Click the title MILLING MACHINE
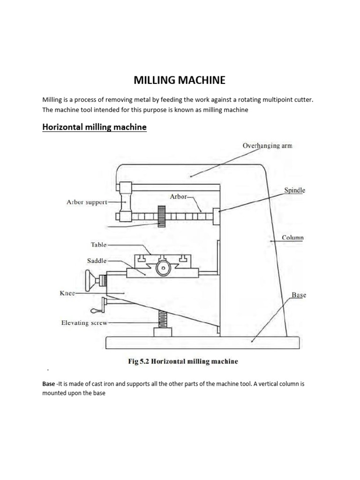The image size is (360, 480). [x=180, y=80]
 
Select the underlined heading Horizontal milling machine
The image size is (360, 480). [x=94, y=127]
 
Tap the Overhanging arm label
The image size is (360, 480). [x=267, y=146]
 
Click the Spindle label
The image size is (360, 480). [x=294, y=190]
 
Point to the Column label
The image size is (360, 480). [x=292, y=238]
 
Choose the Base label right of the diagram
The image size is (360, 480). [x=299, y=295]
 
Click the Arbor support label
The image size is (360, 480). [x=87, y=202]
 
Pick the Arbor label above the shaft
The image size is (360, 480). [x=178, y=197]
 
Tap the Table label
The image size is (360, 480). [x=98, y=245]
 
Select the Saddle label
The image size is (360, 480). [x=97, y=261]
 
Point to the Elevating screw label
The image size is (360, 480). [x=84, y=323]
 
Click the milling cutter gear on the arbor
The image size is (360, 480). [x=162, y=217]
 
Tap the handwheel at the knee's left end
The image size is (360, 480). [x=89, y=281]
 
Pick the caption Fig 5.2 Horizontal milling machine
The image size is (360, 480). [x=183, y=361]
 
